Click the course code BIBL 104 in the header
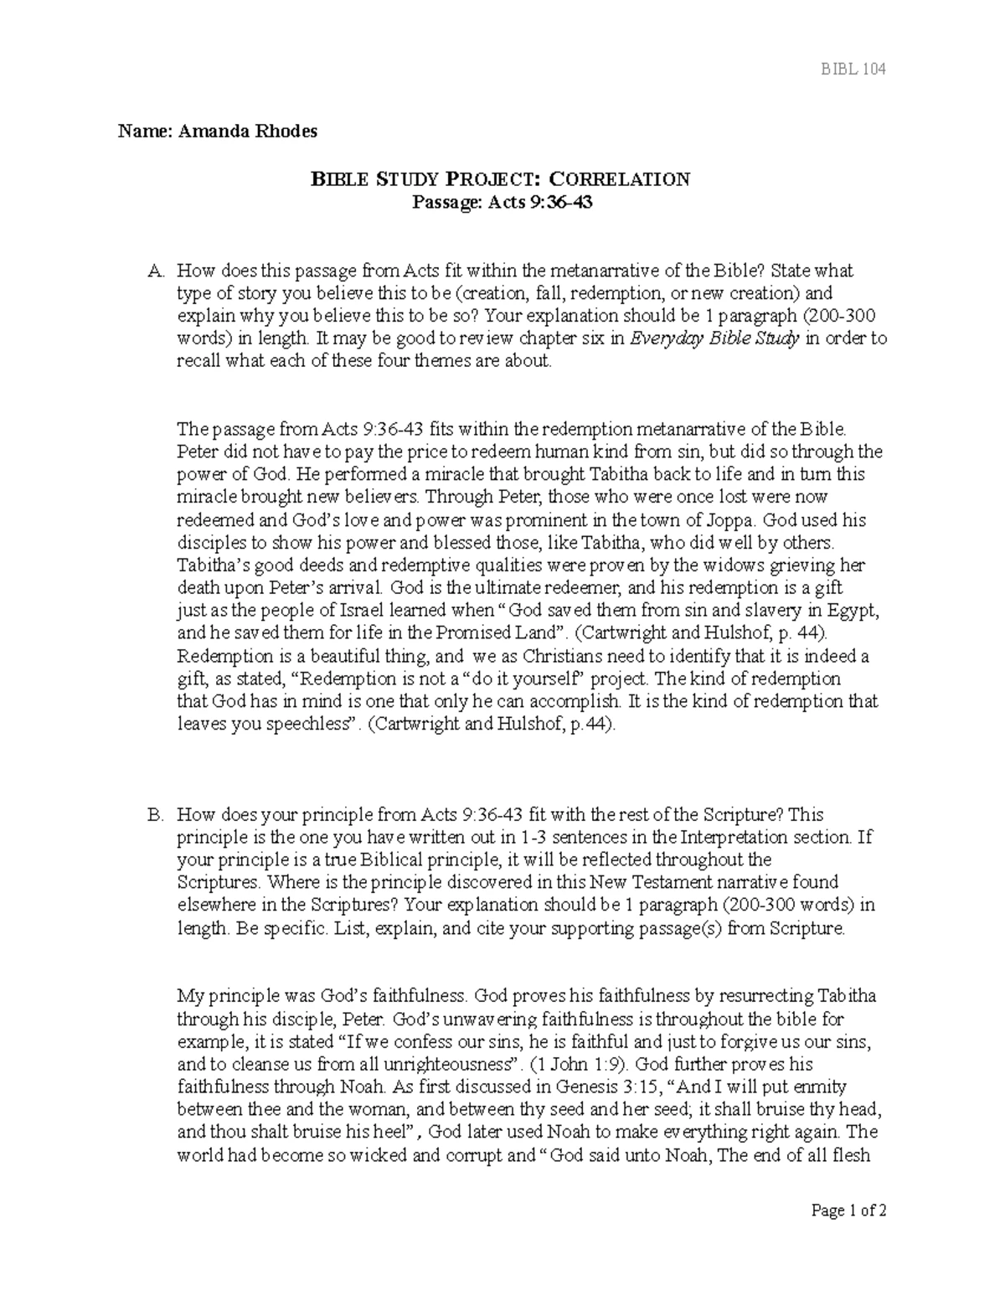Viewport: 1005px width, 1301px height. [852, 69]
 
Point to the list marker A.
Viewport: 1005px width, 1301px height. [154, 271]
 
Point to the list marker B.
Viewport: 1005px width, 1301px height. [154, 814]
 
